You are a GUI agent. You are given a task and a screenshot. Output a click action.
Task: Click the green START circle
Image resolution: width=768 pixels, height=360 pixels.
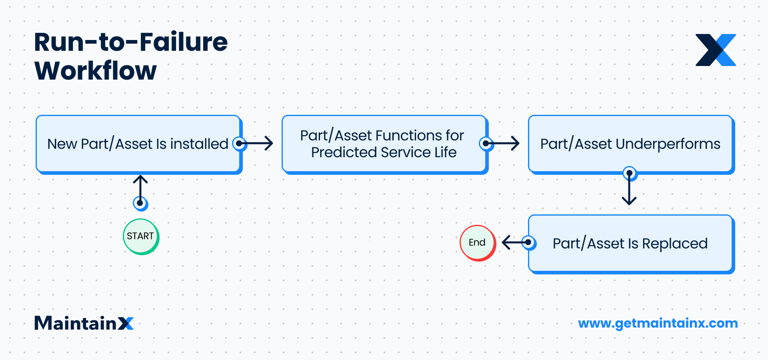pos(141,236)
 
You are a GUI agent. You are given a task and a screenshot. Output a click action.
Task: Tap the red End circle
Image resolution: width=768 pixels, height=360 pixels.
pos(478,243)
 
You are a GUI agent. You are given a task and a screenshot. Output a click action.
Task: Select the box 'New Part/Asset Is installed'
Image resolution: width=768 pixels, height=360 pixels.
pos(138,144)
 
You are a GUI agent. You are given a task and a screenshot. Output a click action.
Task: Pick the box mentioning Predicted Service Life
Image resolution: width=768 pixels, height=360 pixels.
pos(383,144)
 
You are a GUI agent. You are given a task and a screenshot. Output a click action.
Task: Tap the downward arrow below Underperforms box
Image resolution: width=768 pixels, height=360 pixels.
pos(629,190)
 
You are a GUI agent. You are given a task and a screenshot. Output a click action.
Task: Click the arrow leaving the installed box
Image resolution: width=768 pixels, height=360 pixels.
pos(258,143)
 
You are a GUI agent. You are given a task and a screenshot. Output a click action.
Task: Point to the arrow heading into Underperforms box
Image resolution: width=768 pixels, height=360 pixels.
pos(504,143)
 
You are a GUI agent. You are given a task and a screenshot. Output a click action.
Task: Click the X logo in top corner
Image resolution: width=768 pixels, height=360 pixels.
pos(716,50)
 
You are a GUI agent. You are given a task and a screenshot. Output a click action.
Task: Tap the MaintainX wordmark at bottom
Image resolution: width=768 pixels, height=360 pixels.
pos(84,323)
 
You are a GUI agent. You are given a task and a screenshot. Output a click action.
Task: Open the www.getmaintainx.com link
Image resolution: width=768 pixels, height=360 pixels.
pos(658,323)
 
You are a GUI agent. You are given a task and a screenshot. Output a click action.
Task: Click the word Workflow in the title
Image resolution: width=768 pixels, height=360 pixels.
pos(96,71)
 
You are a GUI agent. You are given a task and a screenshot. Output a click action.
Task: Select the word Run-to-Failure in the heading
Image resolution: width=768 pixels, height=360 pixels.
pos(131,42)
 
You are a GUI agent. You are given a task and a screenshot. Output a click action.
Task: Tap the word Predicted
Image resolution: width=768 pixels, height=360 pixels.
pos(344,153)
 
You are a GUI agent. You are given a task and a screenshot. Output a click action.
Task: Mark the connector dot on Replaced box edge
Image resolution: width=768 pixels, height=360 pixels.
pos(528,242)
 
